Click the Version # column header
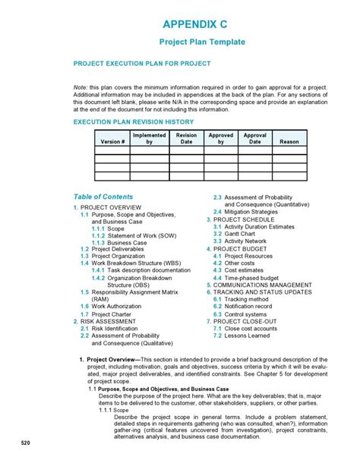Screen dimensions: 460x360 pos(112,141)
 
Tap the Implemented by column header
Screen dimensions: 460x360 pos(149,138)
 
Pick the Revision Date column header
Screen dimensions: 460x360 pos(186,138)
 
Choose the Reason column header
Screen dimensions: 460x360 pos(289,141)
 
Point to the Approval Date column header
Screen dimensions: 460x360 pos(254,138)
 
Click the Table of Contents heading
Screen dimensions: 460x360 pos(103,197)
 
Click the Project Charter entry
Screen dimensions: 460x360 pos(111,313)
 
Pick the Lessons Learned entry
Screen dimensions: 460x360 pos(247,335)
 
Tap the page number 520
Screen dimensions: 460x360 pos(25,443)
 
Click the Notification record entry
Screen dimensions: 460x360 pos(251,306)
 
